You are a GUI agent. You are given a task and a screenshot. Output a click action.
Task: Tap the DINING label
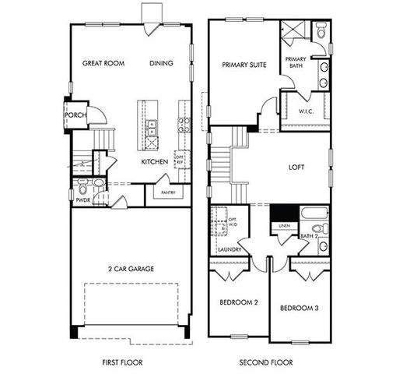pos(161,64)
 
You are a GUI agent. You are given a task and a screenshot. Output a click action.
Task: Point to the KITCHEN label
pos(154,162)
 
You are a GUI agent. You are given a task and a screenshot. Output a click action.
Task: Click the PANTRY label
pos(167,192)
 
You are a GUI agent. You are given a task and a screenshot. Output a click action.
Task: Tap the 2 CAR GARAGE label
pos(131,269)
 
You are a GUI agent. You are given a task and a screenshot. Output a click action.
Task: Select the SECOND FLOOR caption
pos(265,362)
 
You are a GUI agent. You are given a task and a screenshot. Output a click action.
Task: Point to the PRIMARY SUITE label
pos(244,65)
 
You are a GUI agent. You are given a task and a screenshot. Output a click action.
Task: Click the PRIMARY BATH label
pos(296,62)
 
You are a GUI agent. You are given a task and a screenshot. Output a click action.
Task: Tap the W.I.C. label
pos(306,111)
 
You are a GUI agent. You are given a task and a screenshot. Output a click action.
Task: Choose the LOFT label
pos(296,166)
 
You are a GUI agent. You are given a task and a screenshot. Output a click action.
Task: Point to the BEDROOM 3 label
pos(299,308)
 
